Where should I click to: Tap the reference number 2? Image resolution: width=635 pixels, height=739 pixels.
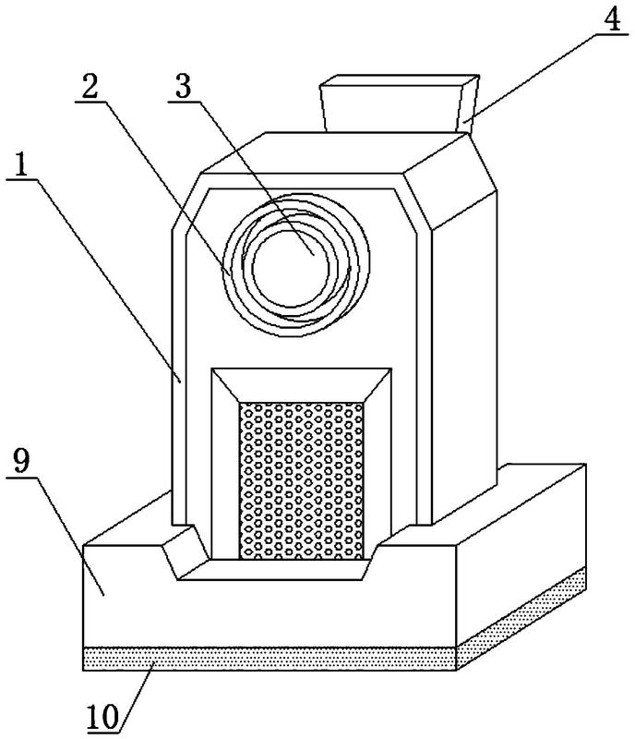[90, 86]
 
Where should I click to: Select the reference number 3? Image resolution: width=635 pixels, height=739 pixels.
[184, 86]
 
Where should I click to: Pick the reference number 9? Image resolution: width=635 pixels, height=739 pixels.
[21, 460]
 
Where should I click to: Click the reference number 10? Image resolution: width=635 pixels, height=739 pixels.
[102, 717]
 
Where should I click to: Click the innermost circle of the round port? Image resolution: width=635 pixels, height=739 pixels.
[290, 268]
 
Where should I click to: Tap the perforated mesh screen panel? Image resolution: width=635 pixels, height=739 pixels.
[302, 480]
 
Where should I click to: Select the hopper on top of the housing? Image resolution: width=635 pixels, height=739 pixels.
[400, 103]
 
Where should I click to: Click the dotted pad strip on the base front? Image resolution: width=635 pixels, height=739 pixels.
[270, 659]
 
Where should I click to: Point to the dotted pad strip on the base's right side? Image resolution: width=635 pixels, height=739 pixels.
[521, 617]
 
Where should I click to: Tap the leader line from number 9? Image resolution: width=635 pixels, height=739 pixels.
[70, 536]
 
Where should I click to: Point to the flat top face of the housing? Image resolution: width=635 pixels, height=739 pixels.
[335, 152]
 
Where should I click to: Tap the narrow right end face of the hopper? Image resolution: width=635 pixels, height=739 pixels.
[468, 103]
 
